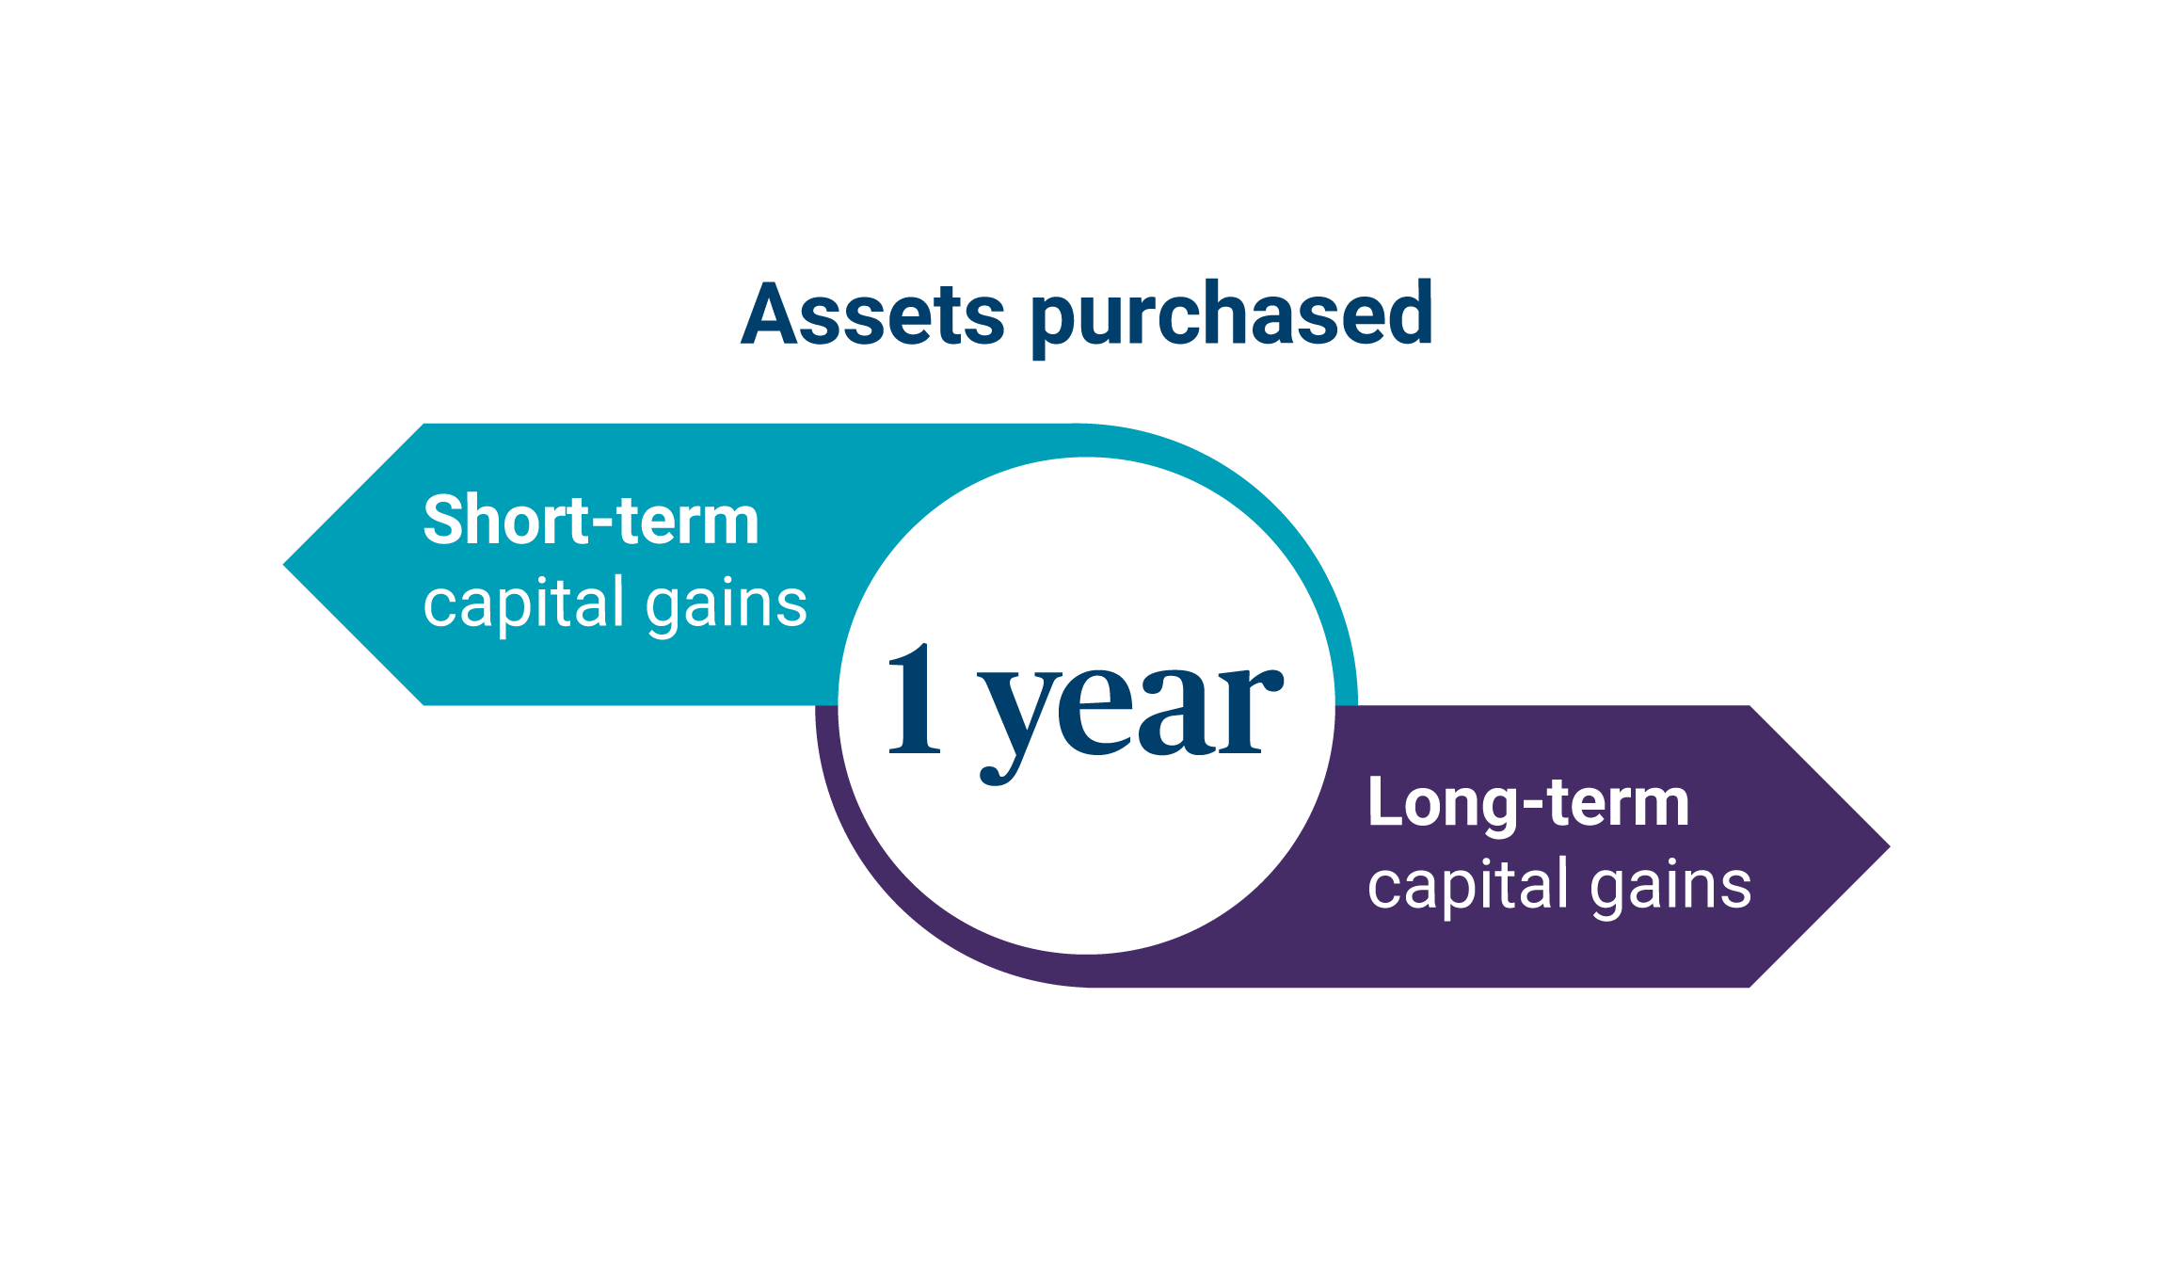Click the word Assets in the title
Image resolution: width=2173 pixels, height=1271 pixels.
tap(872, 314)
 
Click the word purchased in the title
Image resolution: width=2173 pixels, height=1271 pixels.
tap(1232, 318)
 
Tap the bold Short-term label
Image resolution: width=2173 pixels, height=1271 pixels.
tap(591, 520)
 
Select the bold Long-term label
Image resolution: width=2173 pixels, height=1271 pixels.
tap(1528, 802)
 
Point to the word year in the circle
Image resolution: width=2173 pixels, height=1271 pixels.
tap(1130, 721)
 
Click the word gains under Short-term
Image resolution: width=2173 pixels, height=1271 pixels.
tap(727, 605)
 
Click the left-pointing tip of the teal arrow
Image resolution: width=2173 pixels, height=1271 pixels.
tap(283, 565)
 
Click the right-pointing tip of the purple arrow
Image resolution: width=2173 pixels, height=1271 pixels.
tap(1890, 846)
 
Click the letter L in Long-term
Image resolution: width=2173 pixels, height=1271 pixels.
tap(1386, 801)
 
